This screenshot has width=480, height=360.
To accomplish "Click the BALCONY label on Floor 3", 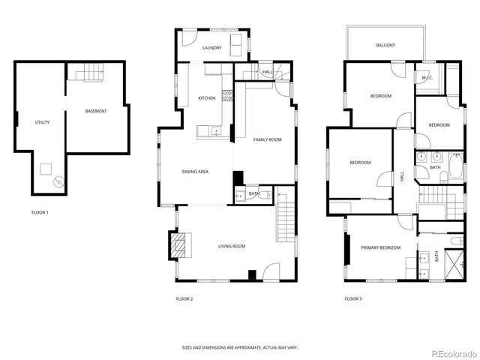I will (x=385, y=46).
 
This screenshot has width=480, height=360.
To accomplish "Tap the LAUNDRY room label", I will (x=212, y=48).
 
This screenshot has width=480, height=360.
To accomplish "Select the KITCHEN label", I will (x=207, y=98).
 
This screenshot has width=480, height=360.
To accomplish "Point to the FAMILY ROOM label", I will (x=267, y=139).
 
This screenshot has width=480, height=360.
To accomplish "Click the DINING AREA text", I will (x=195, y=172).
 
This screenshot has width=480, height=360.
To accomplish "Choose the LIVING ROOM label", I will (x=232, y=246).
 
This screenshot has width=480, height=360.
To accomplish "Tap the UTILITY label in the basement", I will (x=42, y=122).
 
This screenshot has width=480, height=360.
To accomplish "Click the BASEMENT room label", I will (x=95, y=111).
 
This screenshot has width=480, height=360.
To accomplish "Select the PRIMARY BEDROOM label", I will (x=380, y=247).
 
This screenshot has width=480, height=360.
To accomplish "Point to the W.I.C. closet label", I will (x=427, y=77).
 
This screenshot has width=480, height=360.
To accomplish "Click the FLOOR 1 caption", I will (x=40, y=212).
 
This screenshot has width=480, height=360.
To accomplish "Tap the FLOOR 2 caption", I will (x=184, y=298).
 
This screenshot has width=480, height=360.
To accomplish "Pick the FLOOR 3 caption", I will (x=353, y=298).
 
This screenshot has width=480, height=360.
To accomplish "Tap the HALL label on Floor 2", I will (x=267, y=72).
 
